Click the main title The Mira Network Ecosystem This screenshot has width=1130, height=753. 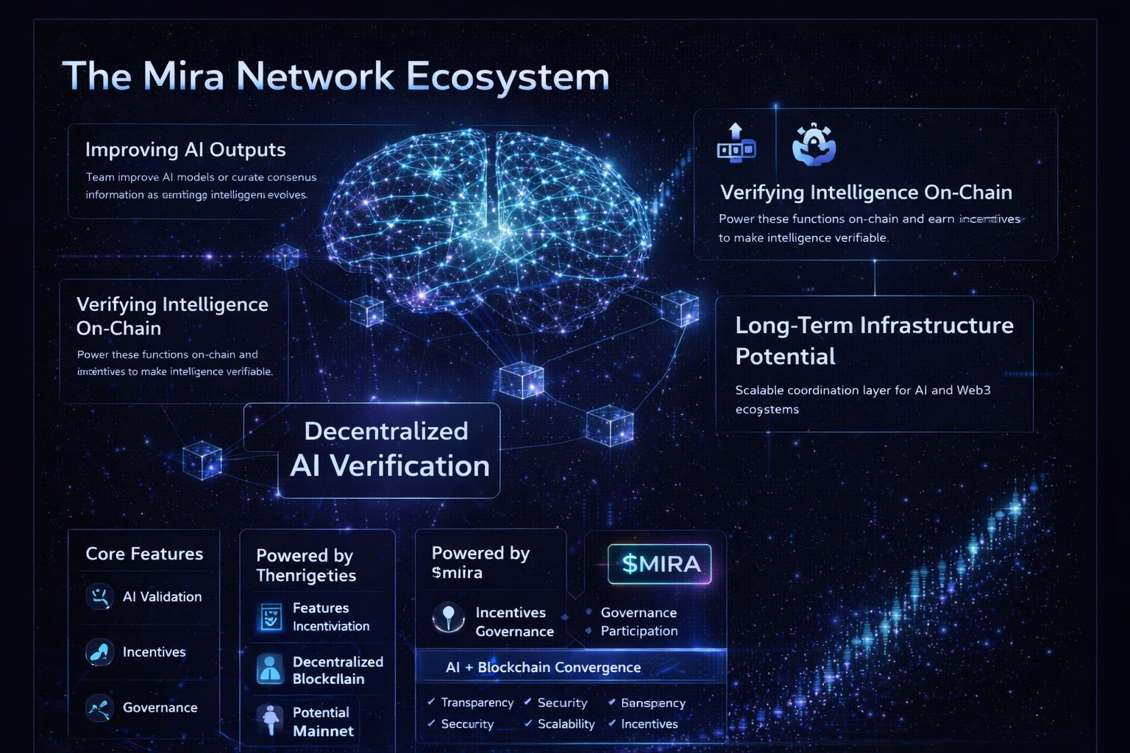[336, 76]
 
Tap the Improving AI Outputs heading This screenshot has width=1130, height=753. [185, 150]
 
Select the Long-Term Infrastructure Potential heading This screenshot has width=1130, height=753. [874, 340]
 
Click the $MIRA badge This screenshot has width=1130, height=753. [660, 564]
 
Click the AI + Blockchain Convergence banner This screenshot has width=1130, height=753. [543, 668]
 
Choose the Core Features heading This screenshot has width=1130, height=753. [144, 554]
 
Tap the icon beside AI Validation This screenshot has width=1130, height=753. [99, 596]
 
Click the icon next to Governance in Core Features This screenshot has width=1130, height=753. [99, 707]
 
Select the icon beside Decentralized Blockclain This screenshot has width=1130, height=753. [270, 670]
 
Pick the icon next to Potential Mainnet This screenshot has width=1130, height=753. [270, 721]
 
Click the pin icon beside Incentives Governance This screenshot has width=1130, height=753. [448, 618]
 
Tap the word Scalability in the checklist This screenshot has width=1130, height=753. [566, 724]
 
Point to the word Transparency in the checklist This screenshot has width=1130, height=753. [477, 703]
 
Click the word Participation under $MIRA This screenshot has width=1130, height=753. [639, 631]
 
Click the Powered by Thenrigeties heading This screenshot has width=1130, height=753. [305, 565]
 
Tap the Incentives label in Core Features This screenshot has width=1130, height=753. [154, 652]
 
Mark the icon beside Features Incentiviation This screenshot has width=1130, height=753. [270, 617]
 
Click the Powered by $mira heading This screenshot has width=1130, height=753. [480, 563]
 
